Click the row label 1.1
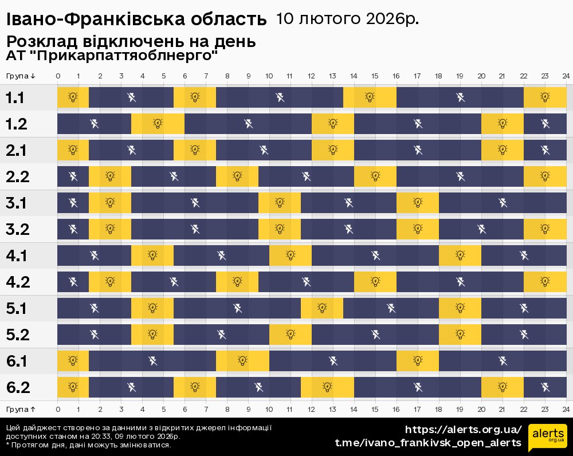[15, 98]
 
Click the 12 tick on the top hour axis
[312, 76]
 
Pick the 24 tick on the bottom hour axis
[566, 409]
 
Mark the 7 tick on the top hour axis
[206, 76]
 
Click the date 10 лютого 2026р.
[347, 19]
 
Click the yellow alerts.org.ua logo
[547, 438]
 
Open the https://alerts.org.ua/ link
[463, 430]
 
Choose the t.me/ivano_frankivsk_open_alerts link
[428, 443]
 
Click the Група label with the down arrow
[21, 76]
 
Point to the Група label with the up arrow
[21, 409]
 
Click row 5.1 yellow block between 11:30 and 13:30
[322, 308]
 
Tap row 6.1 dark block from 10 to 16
[333, 361]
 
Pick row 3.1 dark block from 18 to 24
[503, 203]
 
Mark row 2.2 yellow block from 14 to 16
[375, 176]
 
